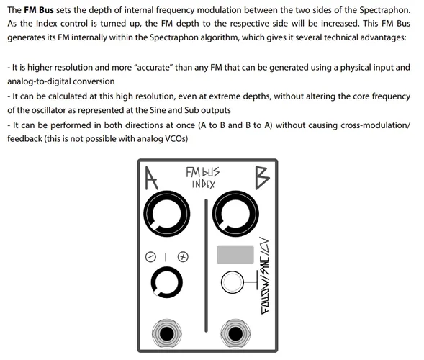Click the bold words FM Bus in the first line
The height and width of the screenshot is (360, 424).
click(39, 10)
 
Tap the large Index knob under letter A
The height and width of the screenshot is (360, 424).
click(166, 214)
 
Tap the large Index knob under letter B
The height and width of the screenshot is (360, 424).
click(235, 214)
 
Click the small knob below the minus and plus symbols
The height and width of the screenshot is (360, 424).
click(166, 282)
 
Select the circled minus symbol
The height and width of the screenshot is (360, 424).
click(150, 257)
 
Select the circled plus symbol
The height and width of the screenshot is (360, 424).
click(183, 257)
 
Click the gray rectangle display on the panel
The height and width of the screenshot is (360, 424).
click(235, 254)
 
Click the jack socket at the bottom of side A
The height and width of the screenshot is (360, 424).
click(166, 333)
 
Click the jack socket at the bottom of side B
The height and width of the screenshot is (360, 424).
click(235, 333)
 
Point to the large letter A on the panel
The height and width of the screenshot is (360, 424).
click(151, 178)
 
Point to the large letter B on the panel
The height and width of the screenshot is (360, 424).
click(262, 178)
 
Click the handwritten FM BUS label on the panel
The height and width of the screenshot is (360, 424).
click(203, 172)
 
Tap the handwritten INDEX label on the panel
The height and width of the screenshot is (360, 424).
click(203, 184)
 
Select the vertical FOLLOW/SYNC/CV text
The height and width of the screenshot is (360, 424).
click(265, 276)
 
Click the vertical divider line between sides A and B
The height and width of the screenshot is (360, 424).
click(206, 266)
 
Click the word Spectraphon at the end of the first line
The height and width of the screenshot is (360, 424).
click(384, 10)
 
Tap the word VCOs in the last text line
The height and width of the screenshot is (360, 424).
click(176, 139)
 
